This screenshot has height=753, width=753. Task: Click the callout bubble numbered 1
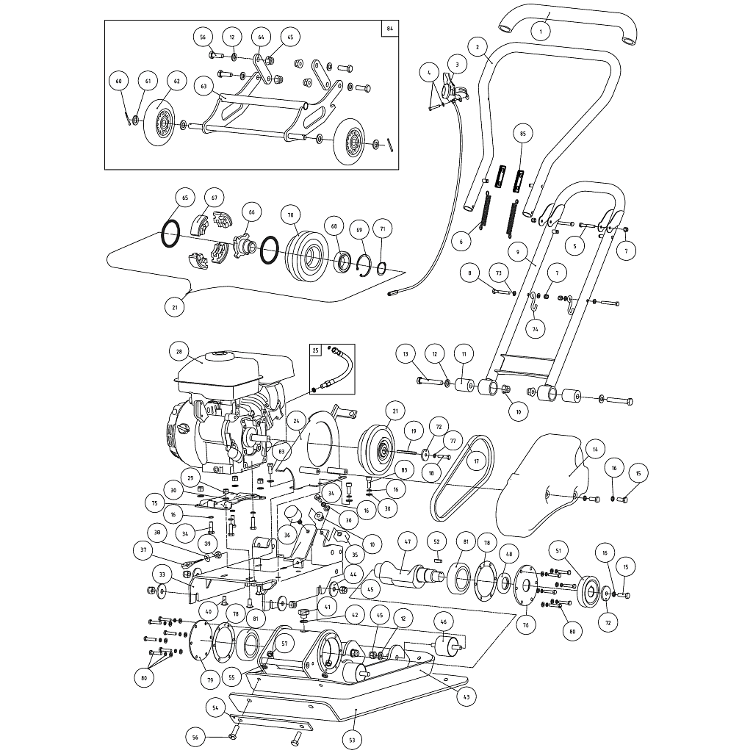[540, 32]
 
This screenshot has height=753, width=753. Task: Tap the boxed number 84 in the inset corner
[389, 29]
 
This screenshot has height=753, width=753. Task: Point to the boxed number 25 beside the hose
[316, 350]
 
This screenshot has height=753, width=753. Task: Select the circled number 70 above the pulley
[290, 215]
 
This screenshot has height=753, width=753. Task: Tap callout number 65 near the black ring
[184, 198]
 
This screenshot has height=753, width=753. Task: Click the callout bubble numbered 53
[352, 738]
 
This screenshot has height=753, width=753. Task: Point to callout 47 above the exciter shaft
[406, 541]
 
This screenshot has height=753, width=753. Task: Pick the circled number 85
[523, 134]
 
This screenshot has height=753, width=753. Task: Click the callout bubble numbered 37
[144, 550]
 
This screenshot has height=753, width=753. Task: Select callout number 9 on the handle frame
[518, 251]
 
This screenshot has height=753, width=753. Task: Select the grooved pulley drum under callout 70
[303, 253]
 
